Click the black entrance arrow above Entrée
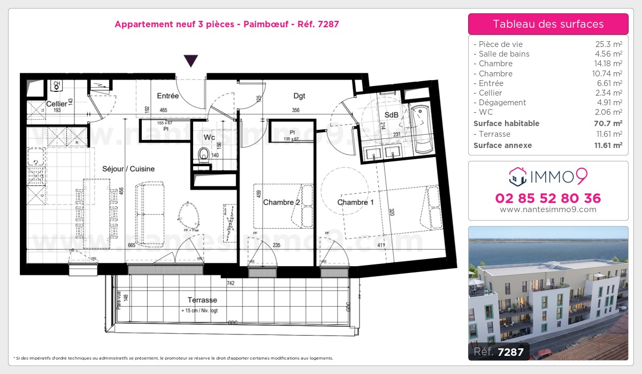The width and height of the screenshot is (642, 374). [191, 61]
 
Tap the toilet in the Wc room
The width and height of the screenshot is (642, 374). [203, 155]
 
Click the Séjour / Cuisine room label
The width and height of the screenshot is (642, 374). [128, 169]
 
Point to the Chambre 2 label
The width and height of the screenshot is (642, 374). [281, 202]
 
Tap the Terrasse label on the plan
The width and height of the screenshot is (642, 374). [202, 300]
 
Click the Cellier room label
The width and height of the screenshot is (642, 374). [56, 104]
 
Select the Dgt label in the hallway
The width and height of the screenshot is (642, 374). [299, 96]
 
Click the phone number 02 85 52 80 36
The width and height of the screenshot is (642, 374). [548, 198]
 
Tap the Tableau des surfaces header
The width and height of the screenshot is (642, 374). [548, 24]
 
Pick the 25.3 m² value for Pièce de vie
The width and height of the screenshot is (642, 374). [609, 44]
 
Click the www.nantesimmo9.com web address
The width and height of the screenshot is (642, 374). [548, 209]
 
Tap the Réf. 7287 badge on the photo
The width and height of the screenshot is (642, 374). [499, 352]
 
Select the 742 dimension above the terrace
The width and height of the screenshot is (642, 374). [231, 283]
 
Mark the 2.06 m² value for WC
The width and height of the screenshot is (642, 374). [609, 112]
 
